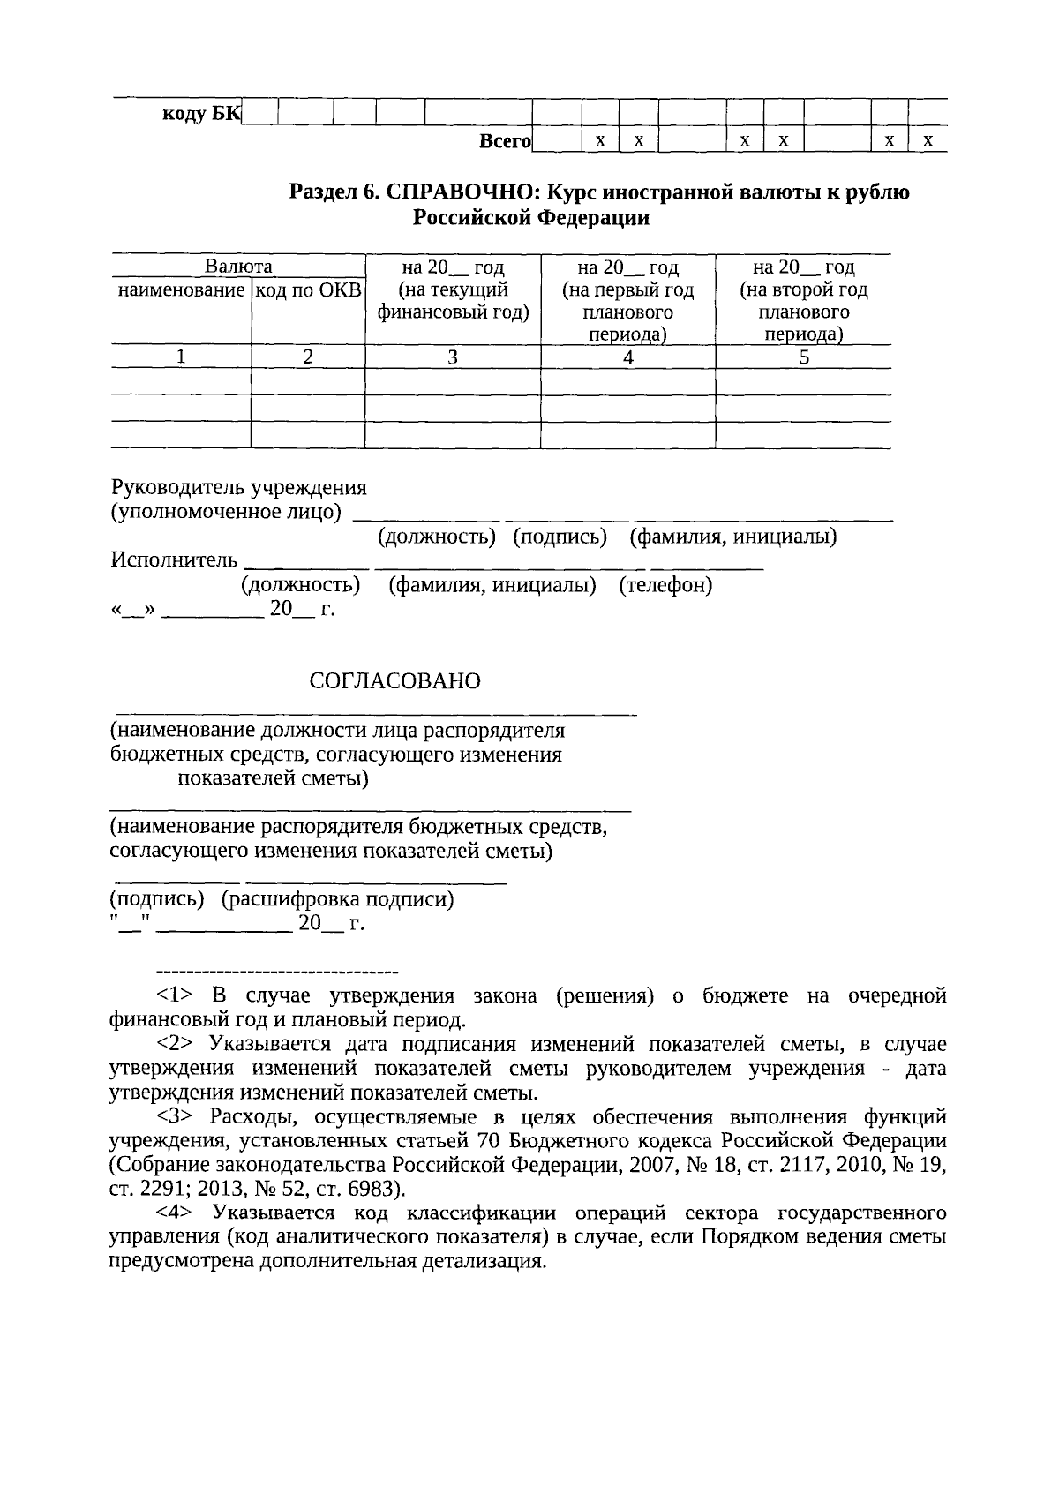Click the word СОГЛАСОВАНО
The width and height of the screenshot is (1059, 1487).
394,681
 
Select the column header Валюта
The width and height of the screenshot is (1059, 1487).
238,267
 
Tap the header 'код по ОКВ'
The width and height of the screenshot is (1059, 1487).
308,289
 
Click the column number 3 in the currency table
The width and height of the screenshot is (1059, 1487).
453,357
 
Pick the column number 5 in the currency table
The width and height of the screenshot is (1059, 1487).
803,357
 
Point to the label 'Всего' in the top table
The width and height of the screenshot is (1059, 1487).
504,141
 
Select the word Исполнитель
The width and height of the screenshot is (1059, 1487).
174,560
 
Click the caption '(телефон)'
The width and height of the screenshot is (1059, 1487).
665,585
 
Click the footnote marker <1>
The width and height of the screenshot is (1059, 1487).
174,995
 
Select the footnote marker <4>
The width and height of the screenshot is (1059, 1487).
174,1213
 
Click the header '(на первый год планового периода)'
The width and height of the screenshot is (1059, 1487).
627,301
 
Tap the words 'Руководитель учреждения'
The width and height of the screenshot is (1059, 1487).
238,487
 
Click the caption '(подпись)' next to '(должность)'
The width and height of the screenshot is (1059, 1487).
560,536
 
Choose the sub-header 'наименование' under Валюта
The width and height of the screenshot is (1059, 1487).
181,289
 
